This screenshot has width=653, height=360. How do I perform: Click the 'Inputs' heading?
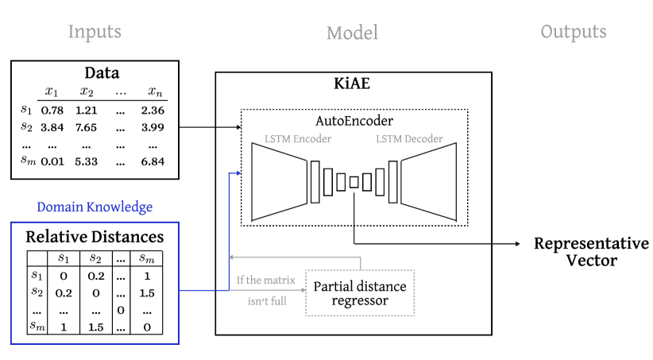click(x=95, y=32)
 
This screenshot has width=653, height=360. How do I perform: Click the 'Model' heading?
click(x=352, y=33)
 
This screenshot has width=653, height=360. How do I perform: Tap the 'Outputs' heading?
click(x=574, y=32)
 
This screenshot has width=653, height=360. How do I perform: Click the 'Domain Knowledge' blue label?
click(x=95, y=207)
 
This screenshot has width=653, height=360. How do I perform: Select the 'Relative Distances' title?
click(x=95, y=237)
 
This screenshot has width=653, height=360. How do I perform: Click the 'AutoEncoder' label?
click(x=354, y=122)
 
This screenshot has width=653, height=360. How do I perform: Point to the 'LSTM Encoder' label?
click(x=298, y=139)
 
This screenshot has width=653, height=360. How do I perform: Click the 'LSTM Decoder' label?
click(x=409, y=139)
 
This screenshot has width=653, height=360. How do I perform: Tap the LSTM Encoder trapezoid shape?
click(x=279, y=182)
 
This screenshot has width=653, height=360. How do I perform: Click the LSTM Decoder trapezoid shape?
click(x=428, y=182)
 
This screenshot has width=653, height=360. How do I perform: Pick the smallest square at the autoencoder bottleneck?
click(x=354, y=182)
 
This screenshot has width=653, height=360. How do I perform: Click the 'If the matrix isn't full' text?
click(x=265, y=290)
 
